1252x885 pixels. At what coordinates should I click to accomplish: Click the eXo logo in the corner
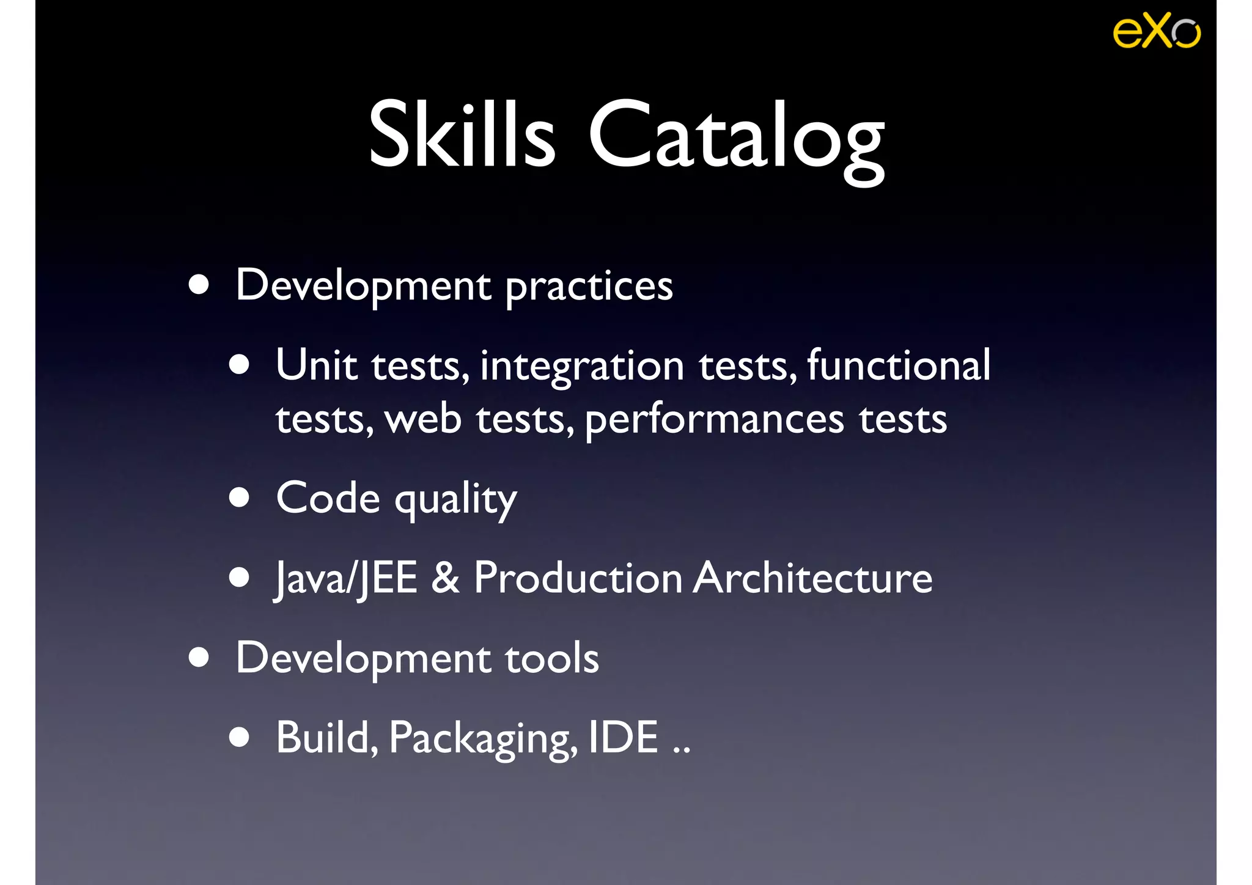click(x=1156, y=31)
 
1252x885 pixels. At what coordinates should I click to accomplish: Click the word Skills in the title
click(x=462, y=134)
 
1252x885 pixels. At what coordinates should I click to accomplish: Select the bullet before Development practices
click(x=199, y=285)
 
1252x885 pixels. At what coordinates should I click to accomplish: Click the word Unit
click(x=316, y=365)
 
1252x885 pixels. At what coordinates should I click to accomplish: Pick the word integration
click(x=581, y=367)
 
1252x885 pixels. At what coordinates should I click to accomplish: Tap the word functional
click(x=898, y=365)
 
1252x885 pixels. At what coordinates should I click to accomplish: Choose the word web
click(x=423, y=420)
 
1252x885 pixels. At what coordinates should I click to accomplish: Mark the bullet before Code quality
click(x=239, y=498)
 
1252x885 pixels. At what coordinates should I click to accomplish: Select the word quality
click(x=455, y=500)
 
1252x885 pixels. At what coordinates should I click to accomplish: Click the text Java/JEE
click(x=346, y=578)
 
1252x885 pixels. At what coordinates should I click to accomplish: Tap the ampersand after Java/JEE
click(x=445, y=578)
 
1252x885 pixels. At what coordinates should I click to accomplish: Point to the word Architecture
click(x=812, y=578)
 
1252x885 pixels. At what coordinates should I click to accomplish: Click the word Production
click(x=578, y=578)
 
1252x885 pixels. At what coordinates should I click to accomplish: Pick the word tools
click(x=551, y=658)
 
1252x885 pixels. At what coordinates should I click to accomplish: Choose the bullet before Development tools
click(x=199, y=658)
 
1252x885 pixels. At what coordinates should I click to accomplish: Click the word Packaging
click(x=483, y=738)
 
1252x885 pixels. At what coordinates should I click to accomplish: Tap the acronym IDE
click(x=623, y=737)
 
